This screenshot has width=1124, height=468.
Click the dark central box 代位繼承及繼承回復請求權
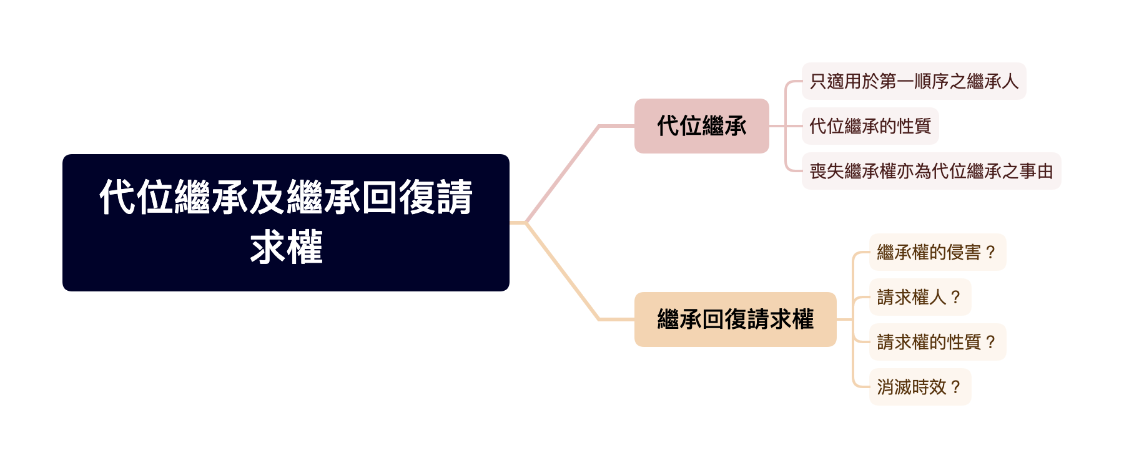coord(285,223)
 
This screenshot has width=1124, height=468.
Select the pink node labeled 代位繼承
coord(701,126)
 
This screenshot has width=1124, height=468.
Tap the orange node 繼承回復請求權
coord(735,319)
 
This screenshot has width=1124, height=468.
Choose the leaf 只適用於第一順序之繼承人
coord(914,81)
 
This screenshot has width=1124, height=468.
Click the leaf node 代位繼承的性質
coord(870,126)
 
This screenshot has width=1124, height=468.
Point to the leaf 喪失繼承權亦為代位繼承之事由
coord(931,171)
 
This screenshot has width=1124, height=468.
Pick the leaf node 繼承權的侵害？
coord(937,252)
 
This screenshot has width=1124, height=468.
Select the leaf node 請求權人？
coord(920,297)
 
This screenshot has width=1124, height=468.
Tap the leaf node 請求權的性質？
coord(937,342)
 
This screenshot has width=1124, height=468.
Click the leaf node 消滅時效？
coord(920,387)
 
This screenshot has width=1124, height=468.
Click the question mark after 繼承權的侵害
coord(989,253)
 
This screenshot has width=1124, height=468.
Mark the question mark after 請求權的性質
coord(989,343)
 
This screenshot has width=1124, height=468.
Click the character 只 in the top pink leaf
coord(818,81)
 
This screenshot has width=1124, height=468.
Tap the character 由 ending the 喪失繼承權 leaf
coord(1045,171)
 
